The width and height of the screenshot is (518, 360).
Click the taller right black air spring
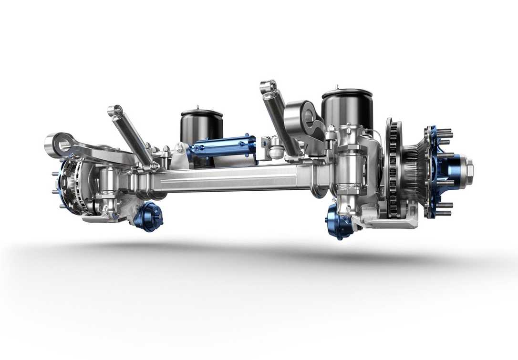pyautogui.click(x=347, y=110)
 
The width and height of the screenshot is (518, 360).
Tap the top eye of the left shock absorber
pyautogui.click(x=114, y=111)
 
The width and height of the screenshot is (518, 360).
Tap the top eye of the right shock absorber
pyautogui.click(x=269, y=87)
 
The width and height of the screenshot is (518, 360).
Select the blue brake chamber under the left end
pyautogui.click(x=148, y=217)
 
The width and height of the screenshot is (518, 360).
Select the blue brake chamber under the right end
pyautogui.click(x=339, y=222)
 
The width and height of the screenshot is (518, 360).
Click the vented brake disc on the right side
pyautogui.click(x=394, y=169)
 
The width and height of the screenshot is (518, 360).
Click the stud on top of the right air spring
pyautogui.click(x=337, y=87)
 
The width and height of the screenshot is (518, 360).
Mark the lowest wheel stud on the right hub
pyautogui.click(x=444, y=213)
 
